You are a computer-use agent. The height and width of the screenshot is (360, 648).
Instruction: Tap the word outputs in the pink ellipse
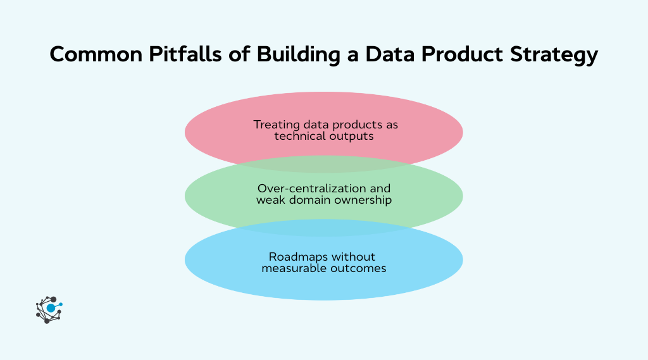(349, 137)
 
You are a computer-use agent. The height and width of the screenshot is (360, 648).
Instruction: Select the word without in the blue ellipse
(354, 257)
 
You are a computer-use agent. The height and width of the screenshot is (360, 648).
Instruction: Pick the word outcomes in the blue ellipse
(358, 268)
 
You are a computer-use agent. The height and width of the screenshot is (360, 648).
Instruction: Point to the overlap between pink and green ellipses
(324, 164)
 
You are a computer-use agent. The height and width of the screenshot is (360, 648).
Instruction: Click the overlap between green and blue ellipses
(324, 228)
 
